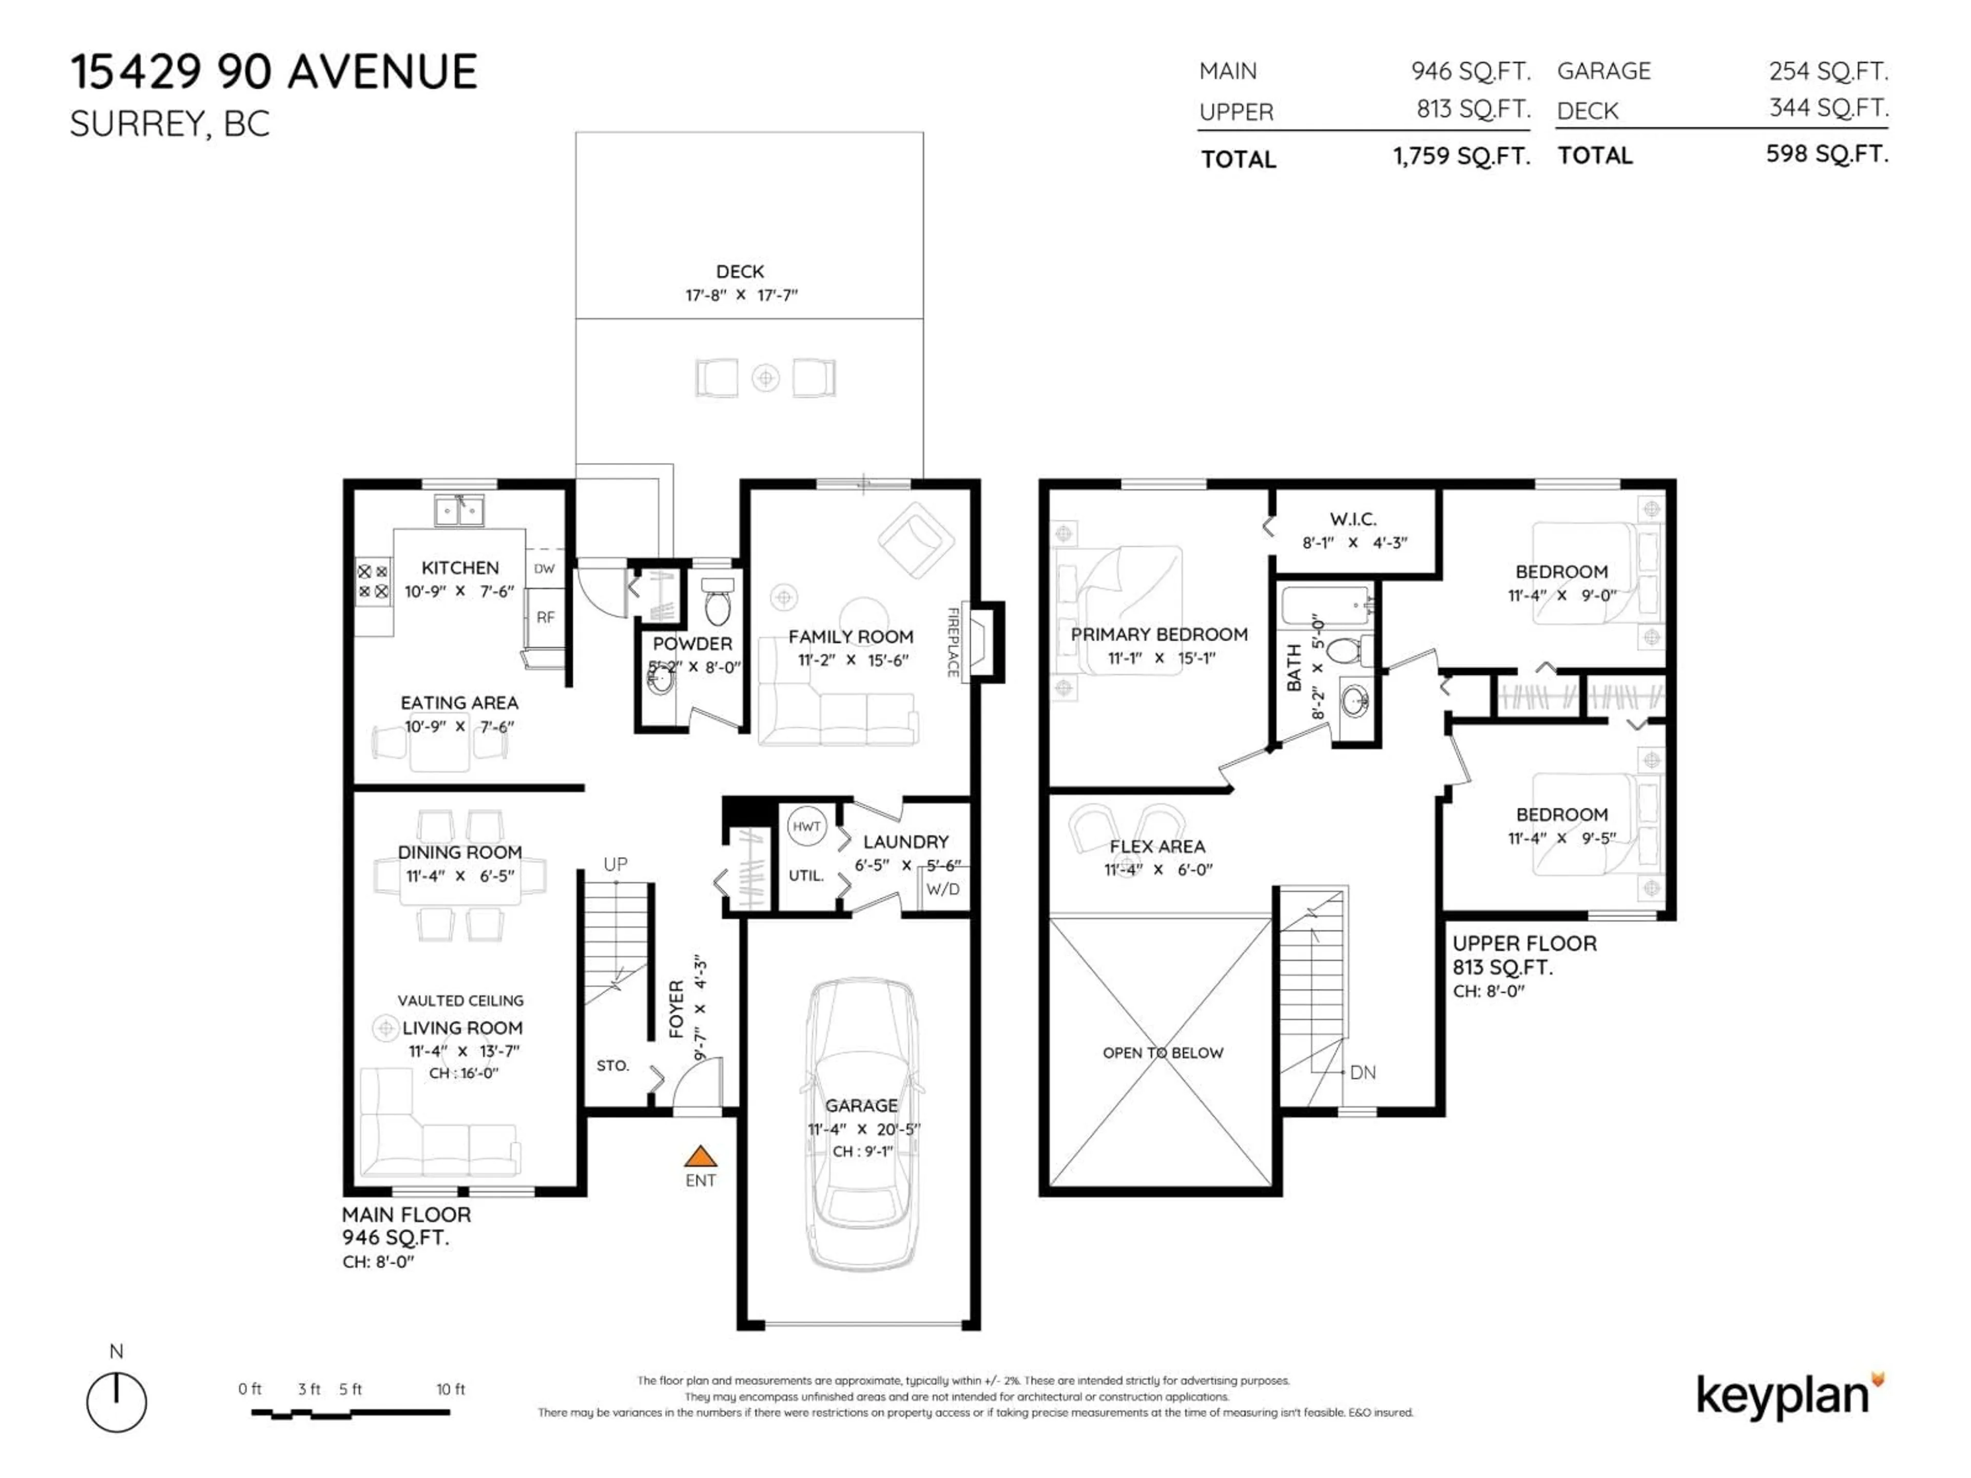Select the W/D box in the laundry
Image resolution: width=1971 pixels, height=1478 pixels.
(x=943, y=889)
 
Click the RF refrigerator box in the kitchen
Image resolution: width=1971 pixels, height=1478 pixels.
(x=545, y=616)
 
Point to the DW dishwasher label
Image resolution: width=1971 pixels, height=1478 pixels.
(x=545, y=569)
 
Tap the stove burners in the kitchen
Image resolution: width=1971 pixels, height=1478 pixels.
(x=373, y=581)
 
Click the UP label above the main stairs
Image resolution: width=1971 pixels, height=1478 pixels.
(x=615, y=864)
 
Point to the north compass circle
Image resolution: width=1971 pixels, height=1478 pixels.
(x=117, y=1402)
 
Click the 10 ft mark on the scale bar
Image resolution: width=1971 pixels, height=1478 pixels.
(x=451, y=1389)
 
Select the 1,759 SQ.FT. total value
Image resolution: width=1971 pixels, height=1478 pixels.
(x=1461, y=157)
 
